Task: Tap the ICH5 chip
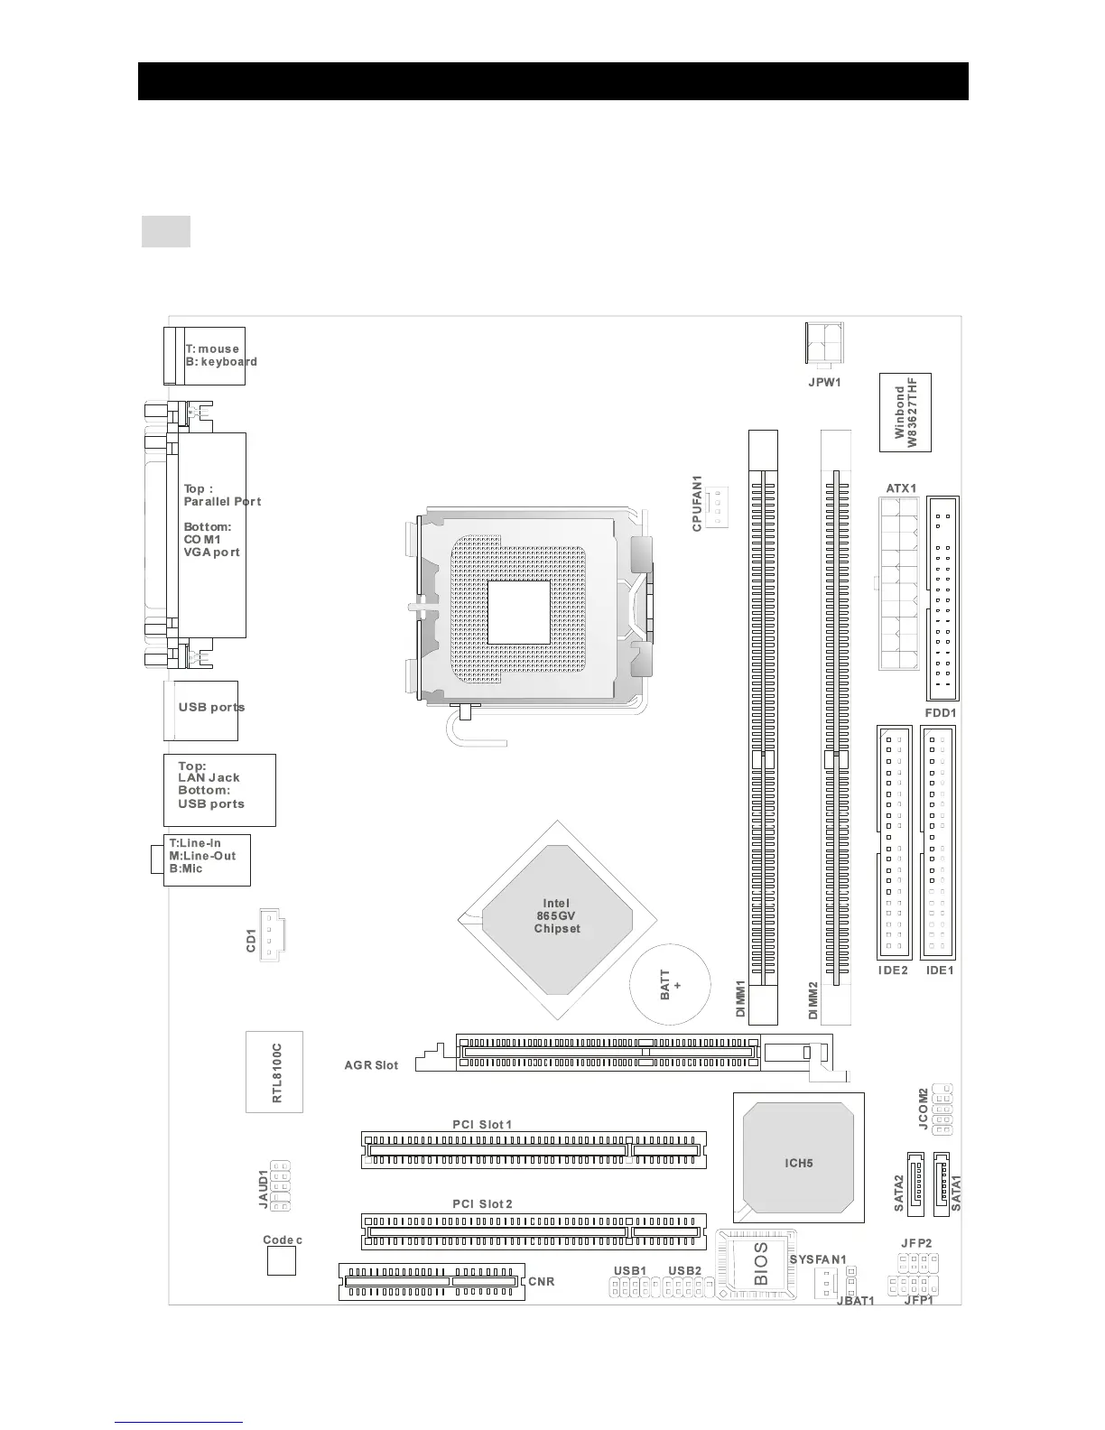pos(798,1163)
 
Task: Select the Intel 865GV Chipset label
pos(557,915)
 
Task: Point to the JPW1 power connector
pos(823,344)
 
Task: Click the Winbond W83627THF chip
pos(905,413)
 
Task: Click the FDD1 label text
pos(941,712)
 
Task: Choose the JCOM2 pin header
pos(942,1109)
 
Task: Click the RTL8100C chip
pos(274,1072)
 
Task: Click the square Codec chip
pos(282,1262)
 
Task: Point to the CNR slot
pos(432,1281)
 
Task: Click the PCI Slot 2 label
pos(482,1204)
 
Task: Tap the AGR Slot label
pos(371,1065)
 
